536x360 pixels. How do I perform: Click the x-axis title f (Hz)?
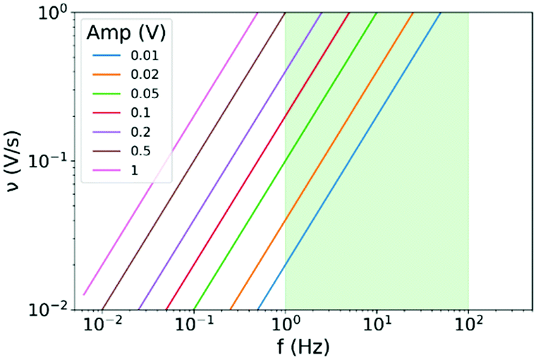click(303, 347)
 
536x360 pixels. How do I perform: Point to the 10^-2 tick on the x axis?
click(102, 325)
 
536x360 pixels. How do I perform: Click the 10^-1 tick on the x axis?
click(193, 325)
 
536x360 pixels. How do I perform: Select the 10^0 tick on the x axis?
click(285, 325)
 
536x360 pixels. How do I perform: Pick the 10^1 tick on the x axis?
click(377, 325)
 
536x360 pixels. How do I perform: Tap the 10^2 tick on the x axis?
click(468, 325)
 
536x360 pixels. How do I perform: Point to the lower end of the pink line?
click(84, 294)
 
